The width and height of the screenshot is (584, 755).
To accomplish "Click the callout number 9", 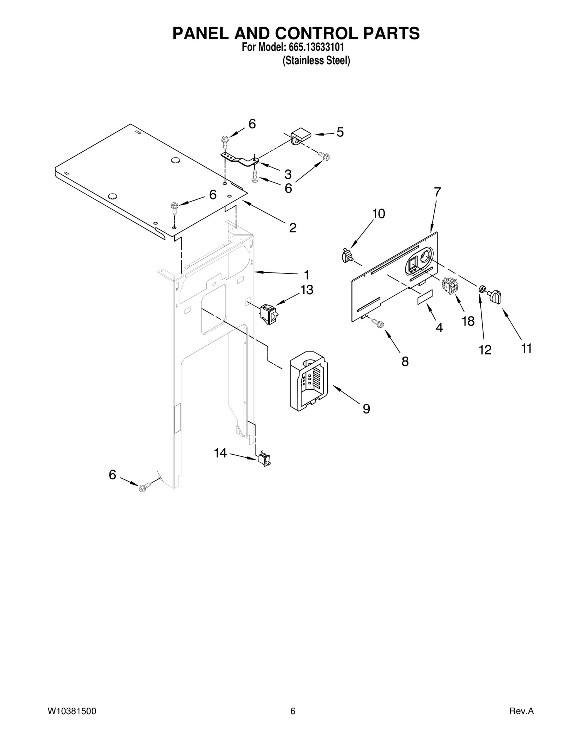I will (x=366, y=409).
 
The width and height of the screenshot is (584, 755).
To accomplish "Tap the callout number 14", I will (x=220, y=453).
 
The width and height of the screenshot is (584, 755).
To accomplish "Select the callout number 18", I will (x=468, y=321).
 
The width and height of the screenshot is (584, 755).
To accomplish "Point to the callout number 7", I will (x=437, y=192).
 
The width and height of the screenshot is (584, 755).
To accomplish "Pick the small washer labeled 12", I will (x=482, y=289).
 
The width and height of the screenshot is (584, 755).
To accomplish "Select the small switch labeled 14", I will (x=264, y=460).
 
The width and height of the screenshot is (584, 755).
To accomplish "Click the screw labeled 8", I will (x=378, y=323).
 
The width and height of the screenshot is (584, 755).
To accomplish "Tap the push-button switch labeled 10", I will (x=347, y=256).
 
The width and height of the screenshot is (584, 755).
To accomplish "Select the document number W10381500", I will (x=72, y=711).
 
